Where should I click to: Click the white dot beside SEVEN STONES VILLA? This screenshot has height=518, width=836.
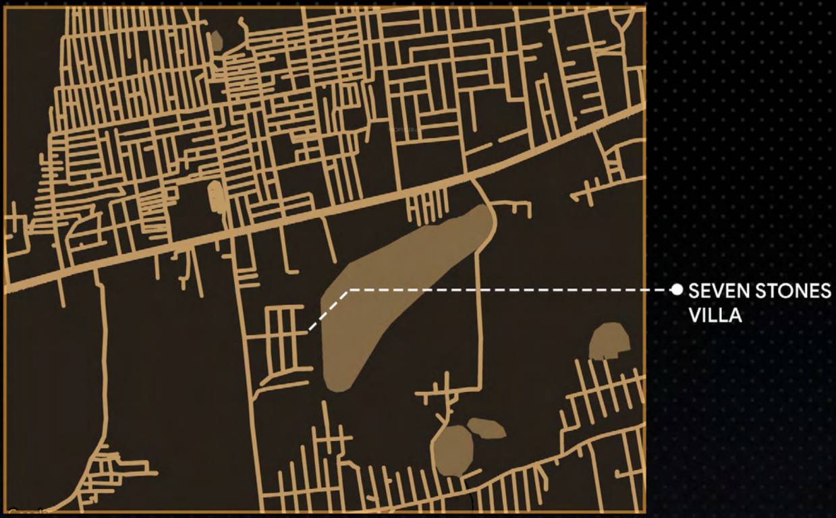[x=677, y=290]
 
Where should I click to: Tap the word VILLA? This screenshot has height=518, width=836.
[x=715, y=314]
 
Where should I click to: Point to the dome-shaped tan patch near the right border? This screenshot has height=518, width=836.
[x=609, y=341]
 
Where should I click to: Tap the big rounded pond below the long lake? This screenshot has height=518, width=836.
[x=453, y=450]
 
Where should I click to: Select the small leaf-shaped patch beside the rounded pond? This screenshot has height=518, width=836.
[x=486, y=428]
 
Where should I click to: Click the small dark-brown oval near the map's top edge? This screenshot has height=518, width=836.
[x=216, y=40]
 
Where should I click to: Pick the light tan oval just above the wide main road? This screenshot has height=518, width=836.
[x=216, y=196]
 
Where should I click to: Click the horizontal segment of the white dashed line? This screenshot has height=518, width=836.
[x=506, y=290]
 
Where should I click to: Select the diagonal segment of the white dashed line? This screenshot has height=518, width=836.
[x=328, y=310]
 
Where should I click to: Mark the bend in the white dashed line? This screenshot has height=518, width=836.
[x=347, y=291]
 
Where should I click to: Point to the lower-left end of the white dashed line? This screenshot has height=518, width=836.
[x=310, y=330]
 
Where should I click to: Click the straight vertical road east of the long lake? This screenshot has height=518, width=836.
[x=478, y=317]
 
